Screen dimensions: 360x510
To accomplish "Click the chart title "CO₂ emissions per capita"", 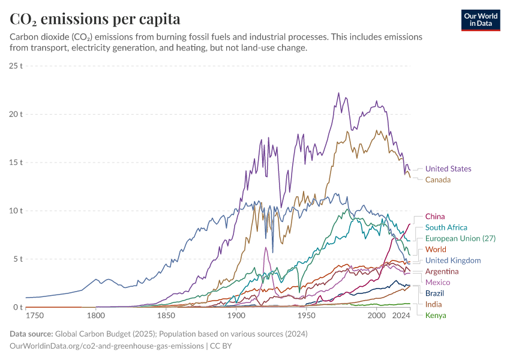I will click(x=95, y=19).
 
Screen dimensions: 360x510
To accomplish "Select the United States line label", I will click(x=448, y=169).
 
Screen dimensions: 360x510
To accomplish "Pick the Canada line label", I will click(x=437, y=180).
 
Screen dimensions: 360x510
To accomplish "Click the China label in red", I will click(x=435, y=217).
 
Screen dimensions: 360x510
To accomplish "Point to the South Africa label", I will click(x=446, y=227).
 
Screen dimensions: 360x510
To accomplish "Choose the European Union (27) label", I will click(x=460, y=238).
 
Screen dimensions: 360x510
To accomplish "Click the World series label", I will click(x=436, y=250).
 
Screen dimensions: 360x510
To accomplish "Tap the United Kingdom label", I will click(x=453, y=260).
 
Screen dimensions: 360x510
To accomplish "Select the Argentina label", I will click(x=442, y=272).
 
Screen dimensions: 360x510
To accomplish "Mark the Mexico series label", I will click(x=437, y=283).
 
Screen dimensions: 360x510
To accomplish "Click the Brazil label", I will click(x=434, y=293).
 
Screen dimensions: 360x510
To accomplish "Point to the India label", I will click(x=433, y=305).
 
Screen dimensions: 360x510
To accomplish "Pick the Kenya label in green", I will click(x=436, y=316).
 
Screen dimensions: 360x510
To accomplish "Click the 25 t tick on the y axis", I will click(x=16, y=65).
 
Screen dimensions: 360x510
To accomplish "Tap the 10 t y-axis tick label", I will click(x=16, y=211).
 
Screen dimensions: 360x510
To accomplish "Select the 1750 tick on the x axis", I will click(x=35, y=316).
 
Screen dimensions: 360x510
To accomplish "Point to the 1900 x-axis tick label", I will click(x=236, y=316).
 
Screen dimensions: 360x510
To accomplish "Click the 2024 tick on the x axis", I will click(x=400, y=316).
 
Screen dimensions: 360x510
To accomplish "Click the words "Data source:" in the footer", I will click(x=31, y=334).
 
